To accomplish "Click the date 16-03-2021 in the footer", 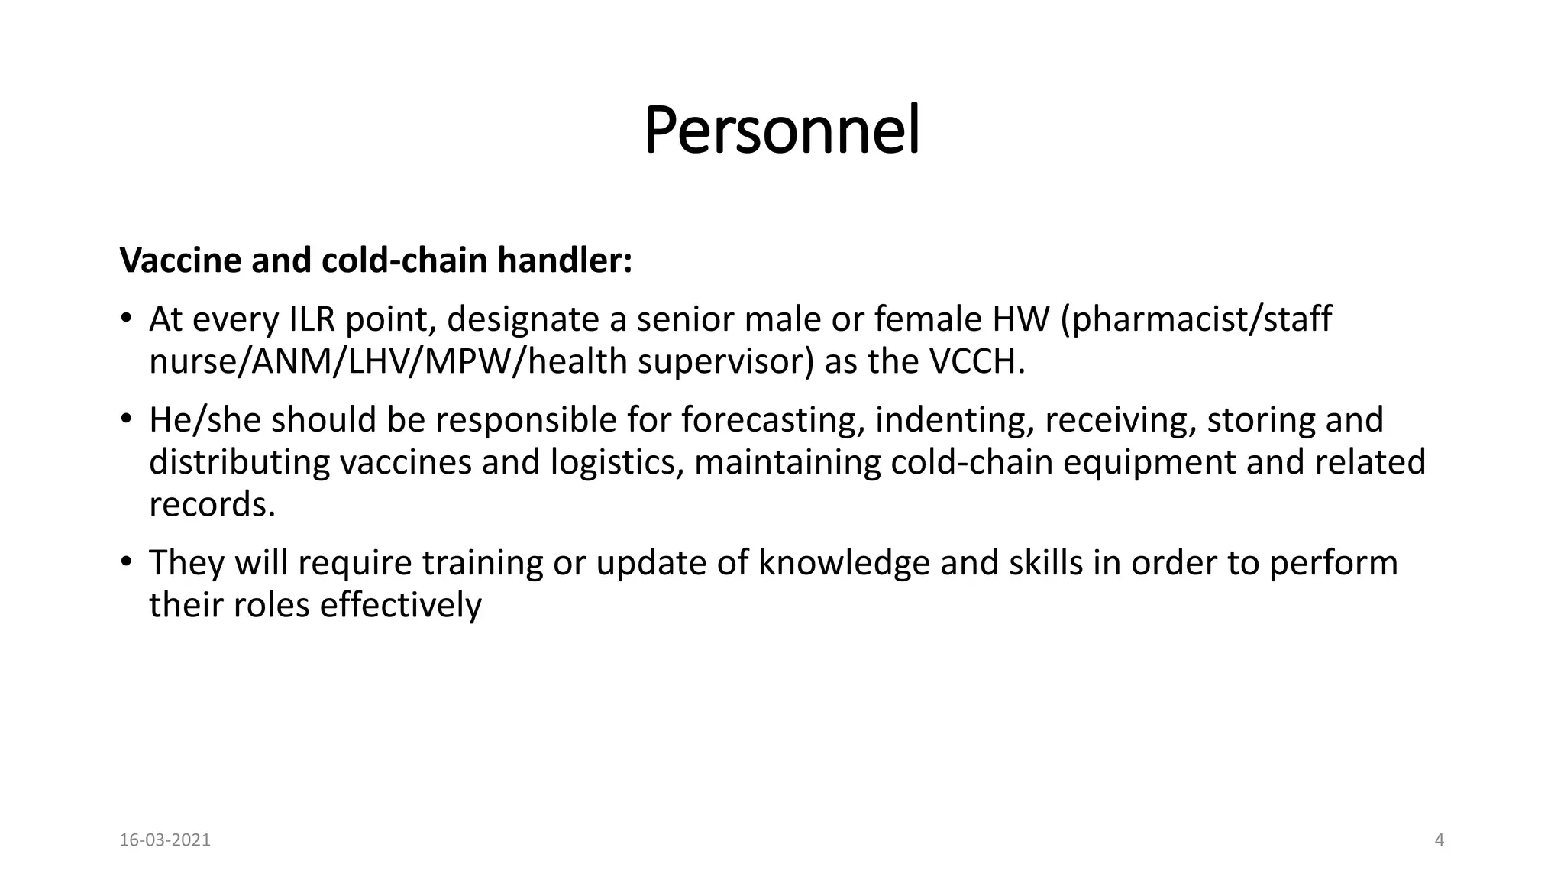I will coord(165,840).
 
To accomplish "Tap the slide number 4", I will coord(1440,840).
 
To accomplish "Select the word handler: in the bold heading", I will coord(564,260).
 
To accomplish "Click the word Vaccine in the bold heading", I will coord(180,260).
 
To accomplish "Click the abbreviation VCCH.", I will coord(977,362).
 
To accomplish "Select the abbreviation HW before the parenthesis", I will coord(1021,319).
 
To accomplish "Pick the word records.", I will coord(212,505).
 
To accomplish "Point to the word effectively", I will coord(401,606).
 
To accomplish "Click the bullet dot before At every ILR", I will coord(127,319).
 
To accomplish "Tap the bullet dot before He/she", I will coord(127,420).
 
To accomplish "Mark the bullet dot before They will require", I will coord(127,563).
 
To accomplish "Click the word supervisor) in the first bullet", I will coord(726,362).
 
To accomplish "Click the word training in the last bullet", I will coord(483,563).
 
